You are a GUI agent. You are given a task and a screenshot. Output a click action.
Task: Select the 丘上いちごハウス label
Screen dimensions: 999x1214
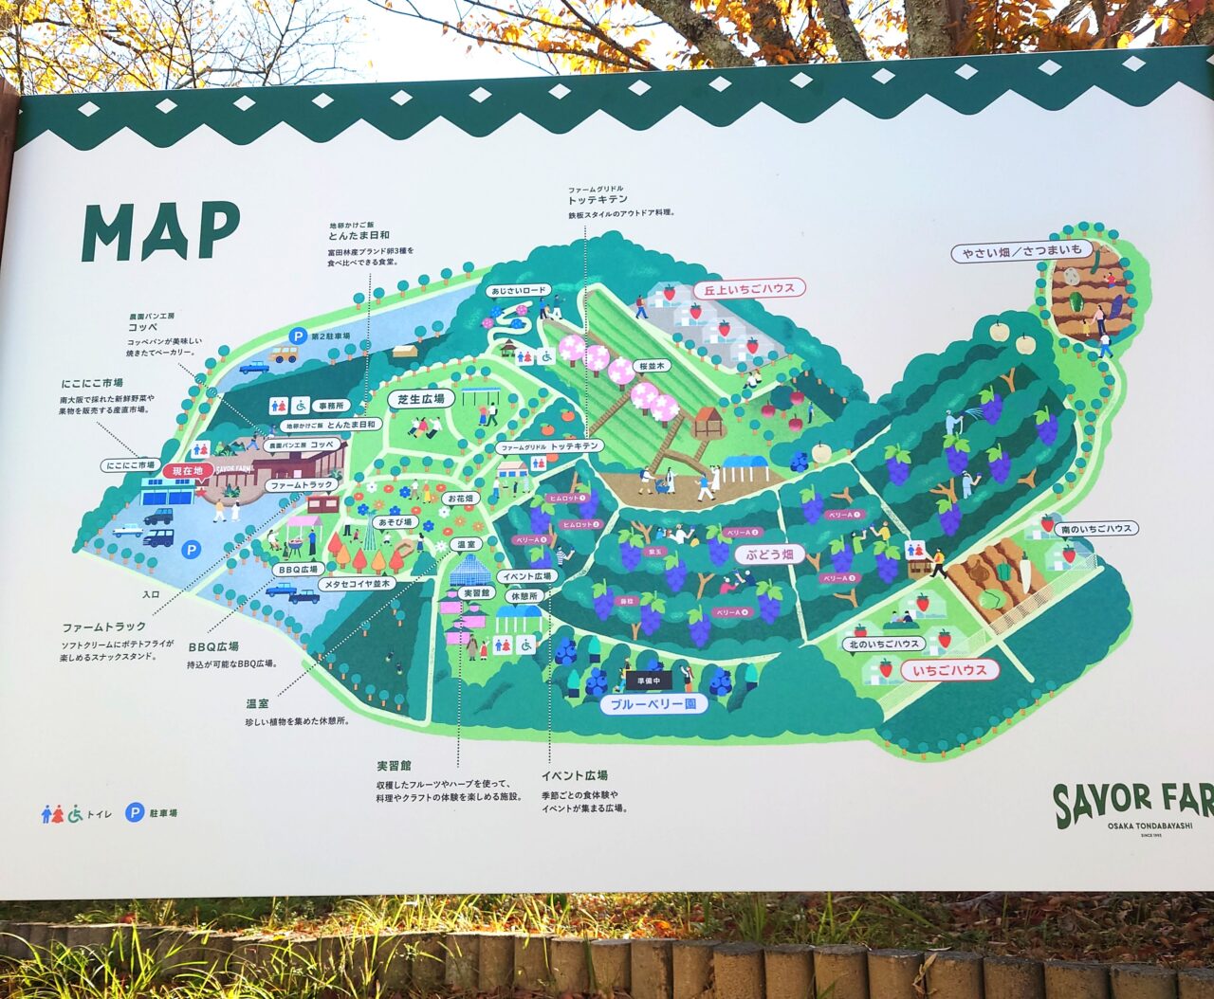(x=748, y=288)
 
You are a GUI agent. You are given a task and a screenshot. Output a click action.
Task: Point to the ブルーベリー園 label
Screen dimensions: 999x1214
(x=653, y=704)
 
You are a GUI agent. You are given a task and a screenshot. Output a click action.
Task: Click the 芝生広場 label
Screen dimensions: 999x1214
(x=420, y=400)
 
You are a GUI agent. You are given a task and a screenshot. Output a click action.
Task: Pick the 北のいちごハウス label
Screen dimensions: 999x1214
(x=883, y=645)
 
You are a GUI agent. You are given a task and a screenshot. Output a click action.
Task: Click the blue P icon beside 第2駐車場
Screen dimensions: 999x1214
(x=299, y=336)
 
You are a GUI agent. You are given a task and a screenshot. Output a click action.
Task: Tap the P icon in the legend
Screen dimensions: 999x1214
(x=135, y=812)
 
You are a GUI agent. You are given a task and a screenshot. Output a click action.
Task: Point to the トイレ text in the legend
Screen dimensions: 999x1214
(x=100, y=814)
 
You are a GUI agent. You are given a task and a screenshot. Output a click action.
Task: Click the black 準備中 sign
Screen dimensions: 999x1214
(x=648, y=681)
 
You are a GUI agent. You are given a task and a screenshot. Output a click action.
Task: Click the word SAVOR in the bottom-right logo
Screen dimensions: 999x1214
(x=1104, y=802)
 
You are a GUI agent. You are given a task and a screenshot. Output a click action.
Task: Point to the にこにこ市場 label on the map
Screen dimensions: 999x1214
(x=131, y=465)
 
